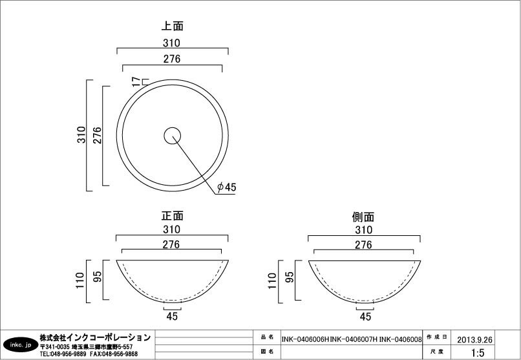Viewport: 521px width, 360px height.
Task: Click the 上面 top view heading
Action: (x=172, y=26)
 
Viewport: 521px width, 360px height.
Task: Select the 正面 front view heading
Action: (x=172, y=216)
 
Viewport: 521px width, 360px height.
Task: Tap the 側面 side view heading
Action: (x=363, y=217)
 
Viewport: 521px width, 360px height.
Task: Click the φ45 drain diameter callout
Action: (x=227, y=187)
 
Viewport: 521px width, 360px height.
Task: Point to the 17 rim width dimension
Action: (x=136, y=81)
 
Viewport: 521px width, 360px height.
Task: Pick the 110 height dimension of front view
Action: (x=80, y=281)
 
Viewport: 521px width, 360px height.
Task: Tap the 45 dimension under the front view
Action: (x=172, y=316)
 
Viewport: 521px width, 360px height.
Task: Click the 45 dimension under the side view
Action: (x=365, y=317)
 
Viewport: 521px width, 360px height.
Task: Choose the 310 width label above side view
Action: (x=363, y=230)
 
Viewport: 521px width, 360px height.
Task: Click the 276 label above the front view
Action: (x=171, y=244)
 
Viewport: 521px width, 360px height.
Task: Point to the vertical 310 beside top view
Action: (x=81, y=134)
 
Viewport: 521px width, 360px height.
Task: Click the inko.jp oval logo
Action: (x=21, y=345)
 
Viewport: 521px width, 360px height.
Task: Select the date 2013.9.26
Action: (x=474, y=339)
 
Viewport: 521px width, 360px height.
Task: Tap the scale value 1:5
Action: (x=478, y=352)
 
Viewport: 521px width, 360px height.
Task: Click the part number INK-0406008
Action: (x=400, y=339)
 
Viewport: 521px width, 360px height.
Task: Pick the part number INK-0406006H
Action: (x=305, y=339)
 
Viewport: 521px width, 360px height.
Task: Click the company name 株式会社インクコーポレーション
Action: (x=95, y=338)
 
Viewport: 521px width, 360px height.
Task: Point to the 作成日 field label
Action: (x=437, y=337)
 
